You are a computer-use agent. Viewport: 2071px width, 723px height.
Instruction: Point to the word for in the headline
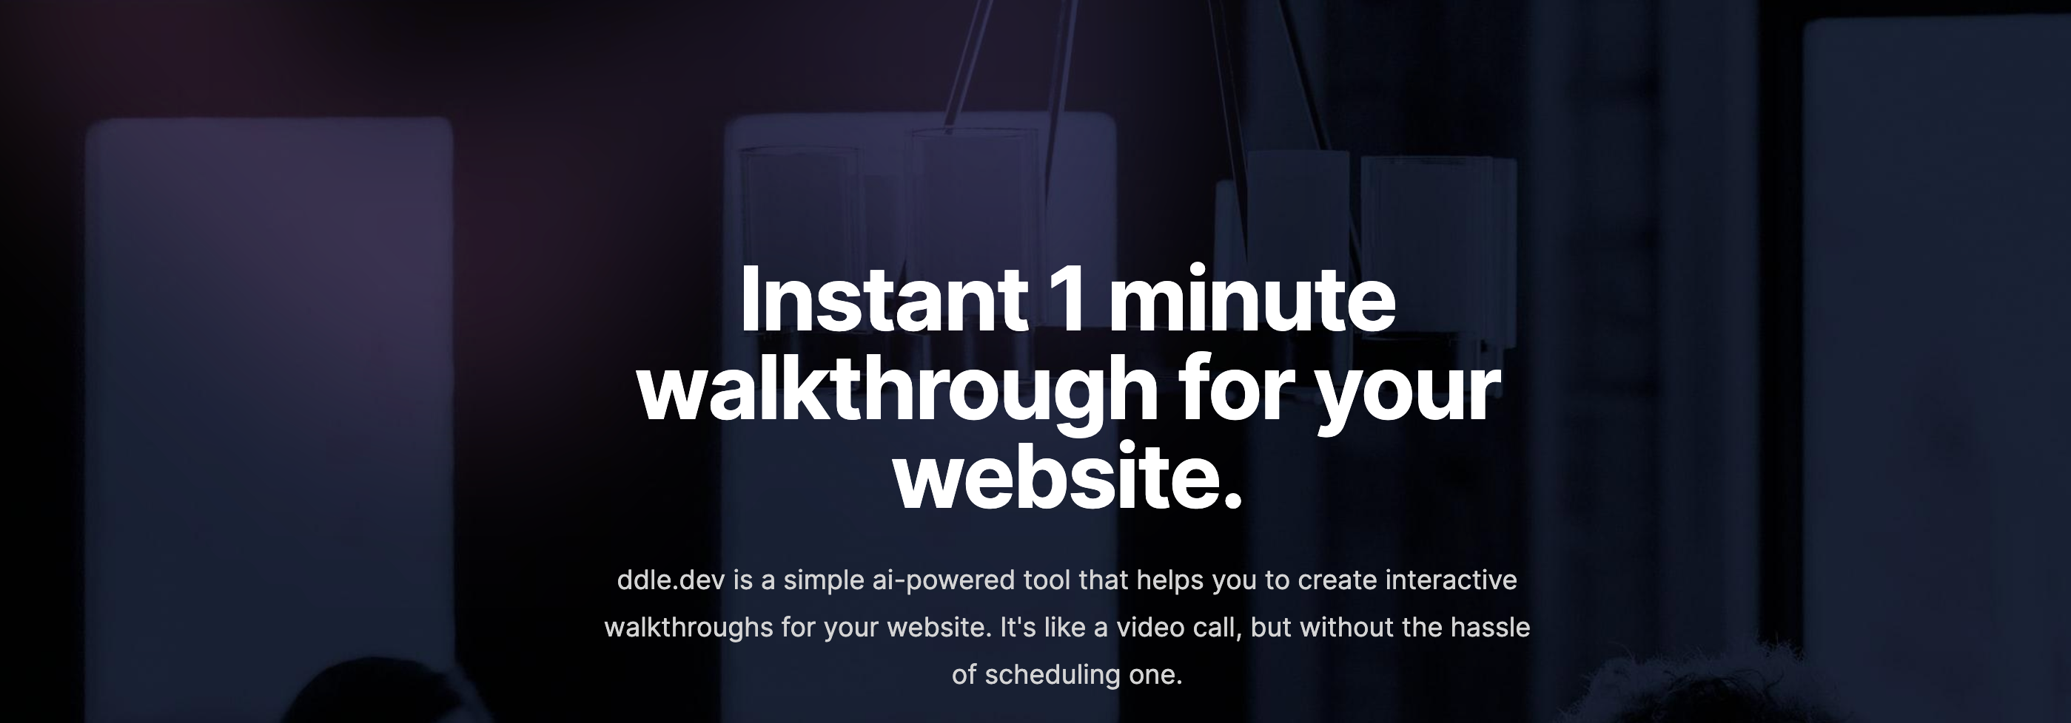point(1239,389)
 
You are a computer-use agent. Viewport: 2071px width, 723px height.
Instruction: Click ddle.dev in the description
point(671,580)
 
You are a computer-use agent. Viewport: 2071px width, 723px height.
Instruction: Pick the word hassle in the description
point(1490,627)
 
